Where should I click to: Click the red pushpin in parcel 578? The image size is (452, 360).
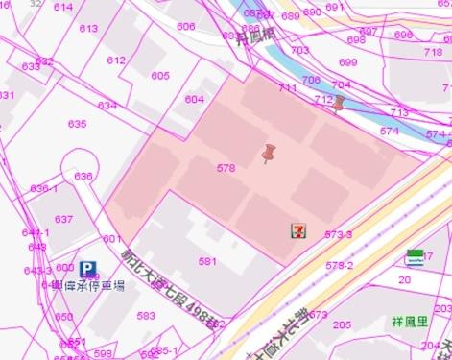click(x=269, y=154)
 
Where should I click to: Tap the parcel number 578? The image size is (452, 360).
click(x=226, y=168)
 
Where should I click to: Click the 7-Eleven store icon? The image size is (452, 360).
click(x=299, y=230)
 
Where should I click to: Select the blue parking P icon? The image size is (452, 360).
click(x=88, y=270)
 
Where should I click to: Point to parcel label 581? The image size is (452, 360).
click(x=207, y=261)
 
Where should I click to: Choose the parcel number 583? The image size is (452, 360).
click(x=146, y=316)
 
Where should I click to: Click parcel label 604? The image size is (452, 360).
click(x=195, y=100)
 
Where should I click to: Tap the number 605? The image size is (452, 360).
click(x=160, y=76)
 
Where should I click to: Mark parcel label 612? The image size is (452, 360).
click(x=116, y=60)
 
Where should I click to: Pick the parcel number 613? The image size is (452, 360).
click(x=88, y=29)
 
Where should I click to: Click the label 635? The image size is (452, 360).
click(x=77, y=124)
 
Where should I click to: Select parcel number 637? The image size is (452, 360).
click(x=63, y=220)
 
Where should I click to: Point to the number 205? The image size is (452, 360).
click(x=342, y=324)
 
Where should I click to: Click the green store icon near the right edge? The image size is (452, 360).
click(x=416, y=256)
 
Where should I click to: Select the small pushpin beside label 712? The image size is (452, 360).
click(x=338, y=104)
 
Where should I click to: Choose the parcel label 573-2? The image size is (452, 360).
click(x=339, y=265)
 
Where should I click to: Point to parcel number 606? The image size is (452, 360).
click(x=186, y=27)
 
